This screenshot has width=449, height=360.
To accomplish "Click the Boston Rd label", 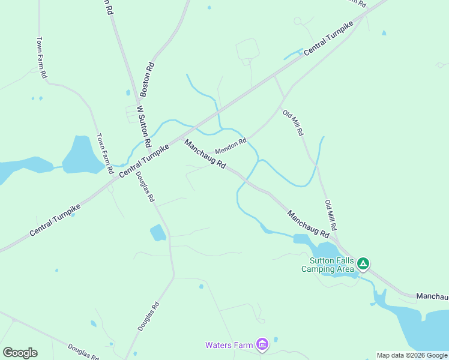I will click(147, 80).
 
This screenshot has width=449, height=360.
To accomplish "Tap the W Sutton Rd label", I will click(143, 127).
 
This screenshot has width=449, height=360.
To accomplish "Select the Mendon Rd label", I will click(231, 146).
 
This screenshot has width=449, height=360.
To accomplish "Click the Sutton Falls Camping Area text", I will click(328, 265).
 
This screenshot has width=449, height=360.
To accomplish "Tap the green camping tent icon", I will click(363, 263).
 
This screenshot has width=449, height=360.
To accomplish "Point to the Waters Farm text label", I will click(229, 345).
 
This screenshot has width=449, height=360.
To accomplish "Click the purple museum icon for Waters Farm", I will click(262, 344).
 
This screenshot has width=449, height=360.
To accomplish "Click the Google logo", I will click(20, 353).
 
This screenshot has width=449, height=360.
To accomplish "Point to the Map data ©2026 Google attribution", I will click(412, 355).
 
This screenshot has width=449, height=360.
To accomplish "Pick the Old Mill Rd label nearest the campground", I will click(331, 216).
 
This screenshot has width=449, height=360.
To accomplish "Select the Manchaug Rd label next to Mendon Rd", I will click(205, 154).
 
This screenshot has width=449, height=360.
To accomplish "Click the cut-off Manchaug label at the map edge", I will click(432, 296).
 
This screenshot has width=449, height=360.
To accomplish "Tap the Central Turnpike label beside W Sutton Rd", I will click(143, 159).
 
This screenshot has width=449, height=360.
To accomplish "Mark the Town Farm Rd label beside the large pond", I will click(105, 154).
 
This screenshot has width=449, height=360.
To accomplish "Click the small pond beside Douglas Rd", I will click(158, 232).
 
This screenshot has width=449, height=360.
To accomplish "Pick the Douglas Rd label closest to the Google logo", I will click(83, 351).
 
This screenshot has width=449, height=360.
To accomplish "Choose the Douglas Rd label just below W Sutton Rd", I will click(145, 187).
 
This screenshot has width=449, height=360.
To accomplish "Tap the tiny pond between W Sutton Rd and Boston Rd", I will click(128, 93).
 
